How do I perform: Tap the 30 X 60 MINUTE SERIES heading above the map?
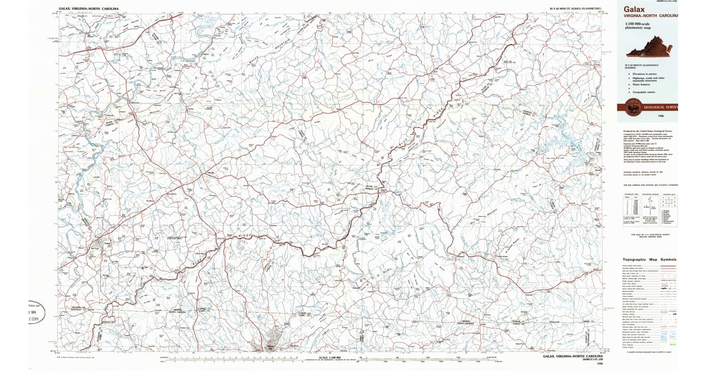(575, 9)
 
